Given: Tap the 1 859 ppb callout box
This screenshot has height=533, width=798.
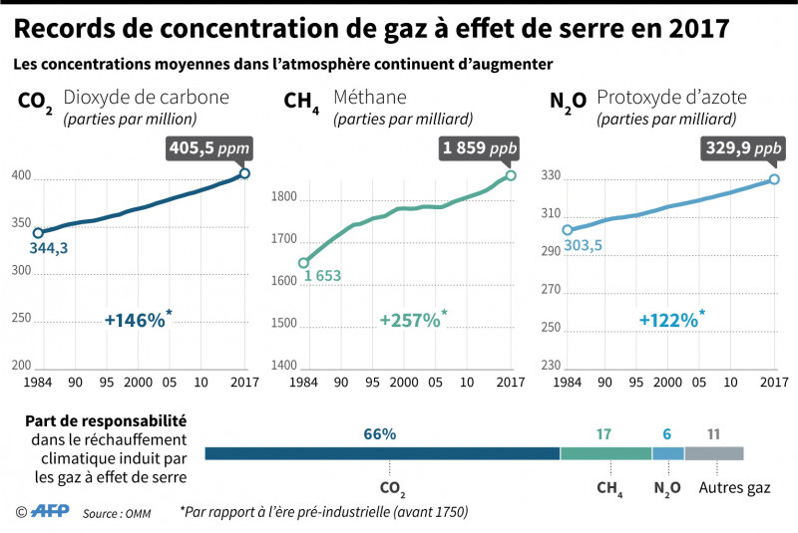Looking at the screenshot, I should (479, 148).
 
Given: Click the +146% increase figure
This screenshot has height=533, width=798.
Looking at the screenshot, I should (135, 320).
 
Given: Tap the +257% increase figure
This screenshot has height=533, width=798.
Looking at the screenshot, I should (410, 320).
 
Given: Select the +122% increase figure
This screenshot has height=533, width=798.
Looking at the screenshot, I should (669, 320).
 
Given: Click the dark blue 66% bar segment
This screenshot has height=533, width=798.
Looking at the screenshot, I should (382, 453).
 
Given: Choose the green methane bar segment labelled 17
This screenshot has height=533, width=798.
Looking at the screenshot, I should (605, 453).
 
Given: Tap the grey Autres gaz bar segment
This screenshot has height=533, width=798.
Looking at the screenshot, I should (714, 453).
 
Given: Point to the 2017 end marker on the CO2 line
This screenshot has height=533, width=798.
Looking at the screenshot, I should (244, 173).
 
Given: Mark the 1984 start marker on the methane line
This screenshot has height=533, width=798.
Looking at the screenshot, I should (303, 263).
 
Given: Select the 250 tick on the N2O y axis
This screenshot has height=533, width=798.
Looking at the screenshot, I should (551, 328).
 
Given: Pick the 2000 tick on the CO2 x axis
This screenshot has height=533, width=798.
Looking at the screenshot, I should (138, 383).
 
